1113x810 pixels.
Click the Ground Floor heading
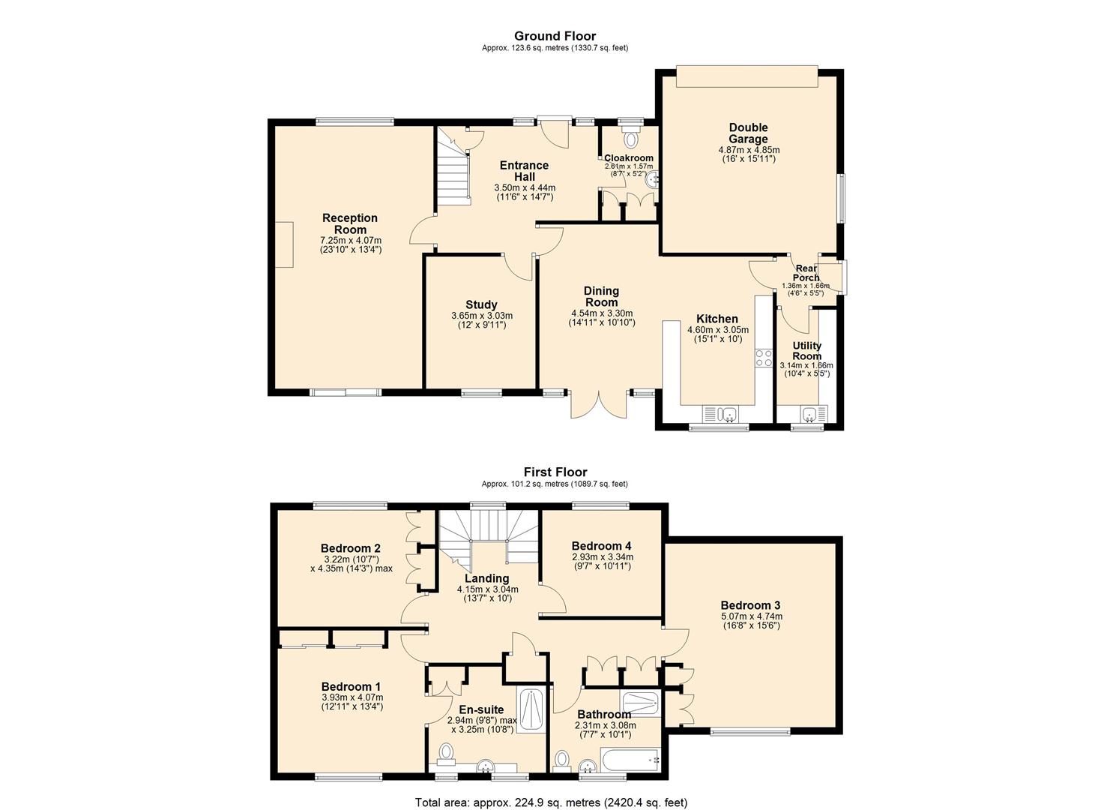(555, 36)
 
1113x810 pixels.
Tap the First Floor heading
(555, 472)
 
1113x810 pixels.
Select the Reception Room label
(350, 223)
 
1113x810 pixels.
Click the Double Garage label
(748, 133)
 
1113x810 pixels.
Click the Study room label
(481, 304)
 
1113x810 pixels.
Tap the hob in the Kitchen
(764, 358)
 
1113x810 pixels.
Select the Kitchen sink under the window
(720, 413)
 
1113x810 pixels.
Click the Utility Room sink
(812, 413)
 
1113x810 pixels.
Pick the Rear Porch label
(806, 273)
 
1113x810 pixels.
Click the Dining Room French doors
(598, 403)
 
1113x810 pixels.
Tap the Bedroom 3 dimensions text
(750, 621)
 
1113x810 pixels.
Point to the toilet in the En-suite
(447, 752)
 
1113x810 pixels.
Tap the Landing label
(486, 578)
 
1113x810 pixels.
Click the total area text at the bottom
(551, 802)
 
